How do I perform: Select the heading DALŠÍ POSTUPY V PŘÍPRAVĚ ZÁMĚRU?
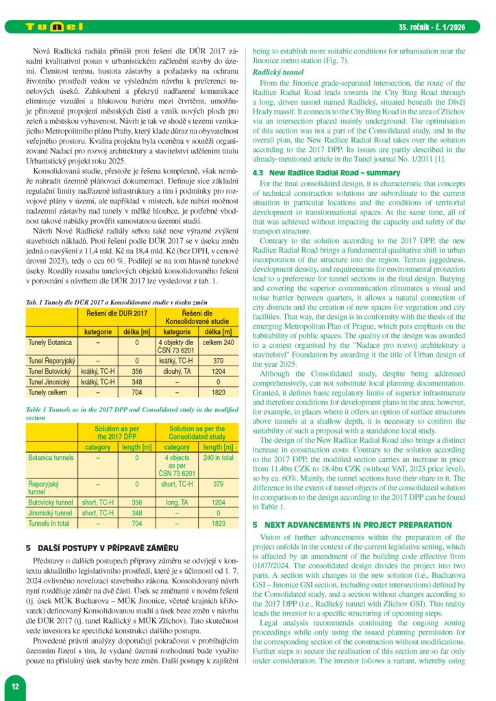[x=101, y=548]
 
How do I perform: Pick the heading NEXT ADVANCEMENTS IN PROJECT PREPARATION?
[x=354, y=524]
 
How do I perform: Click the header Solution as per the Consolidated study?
[x=197, y=433]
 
